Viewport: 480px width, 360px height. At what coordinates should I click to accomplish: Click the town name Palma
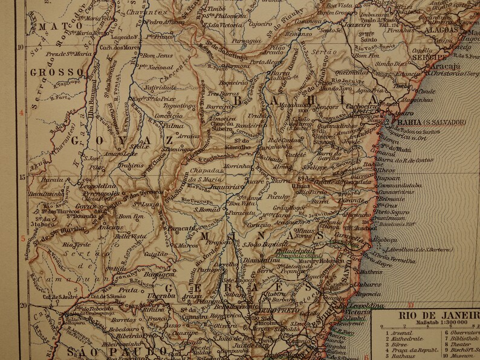[x=174, y=126]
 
